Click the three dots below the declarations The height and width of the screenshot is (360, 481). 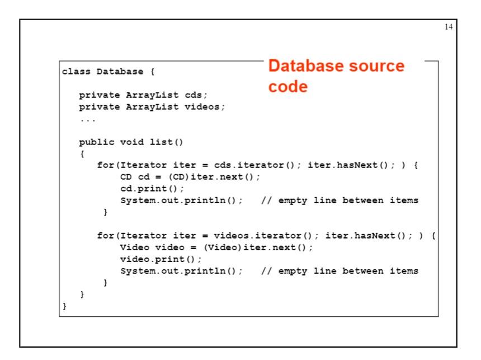[x=87, y=119]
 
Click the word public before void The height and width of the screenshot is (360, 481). [x=97, y=142]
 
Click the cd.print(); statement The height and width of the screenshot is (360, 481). [x=144, y=189]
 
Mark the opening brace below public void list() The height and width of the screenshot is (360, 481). [x=82, y=153]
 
